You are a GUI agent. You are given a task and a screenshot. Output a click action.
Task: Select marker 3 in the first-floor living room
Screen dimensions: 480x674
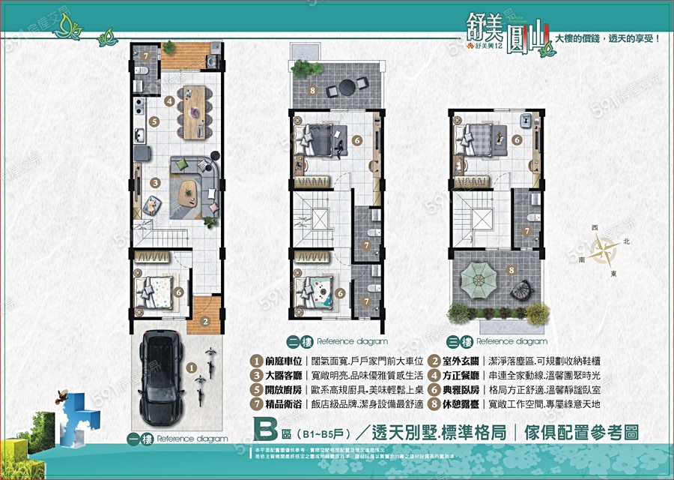coord(154,182)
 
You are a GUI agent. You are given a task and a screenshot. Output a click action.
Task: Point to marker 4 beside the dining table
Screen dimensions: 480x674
coord(170,100)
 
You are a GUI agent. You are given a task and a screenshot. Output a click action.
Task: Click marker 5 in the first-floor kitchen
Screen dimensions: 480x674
coord(154,121)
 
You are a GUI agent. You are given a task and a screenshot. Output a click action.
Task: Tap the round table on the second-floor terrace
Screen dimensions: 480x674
coord(347,86)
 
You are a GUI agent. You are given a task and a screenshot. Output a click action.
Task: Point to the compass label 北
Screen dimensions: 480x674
coord(627,242)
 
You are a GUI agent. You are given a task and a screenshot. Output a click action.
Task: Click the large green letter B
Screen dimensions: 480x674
coord(265,433)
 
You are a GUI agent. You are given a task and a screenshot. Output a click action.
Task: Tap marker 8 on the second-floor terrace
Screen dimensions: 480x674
coord(312,91)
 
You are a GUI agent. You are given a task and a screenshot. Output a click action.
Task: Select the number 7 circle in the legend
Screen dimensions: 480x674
coord(258,404)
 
